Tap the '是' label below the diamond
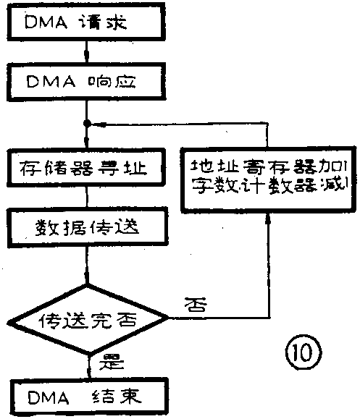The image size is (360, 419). click(108, 360)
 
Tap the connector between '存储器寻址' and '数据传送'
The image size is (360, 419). click(87, 198)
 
